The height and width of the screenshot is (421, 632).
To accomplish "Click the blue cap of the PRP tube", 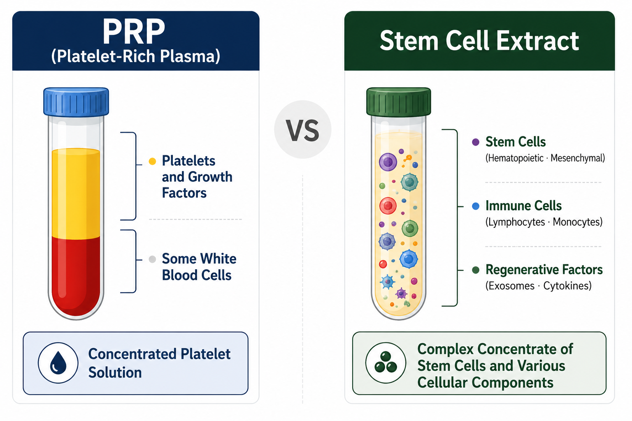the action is [76, 102].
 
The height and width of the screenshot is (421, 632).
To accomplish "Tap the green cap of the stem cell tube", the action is [398, 102].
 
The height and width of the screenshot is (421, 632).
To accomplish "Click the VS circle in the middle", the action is [303, 130].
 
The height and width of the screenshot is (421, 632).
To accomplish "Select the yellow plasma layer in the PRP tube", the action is [76, 194].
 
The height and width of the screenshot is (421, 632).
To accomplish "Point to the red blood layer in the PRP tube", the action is [76, 275].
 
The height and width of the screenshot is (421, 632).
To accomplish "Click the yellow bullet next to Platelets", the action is [152, 161].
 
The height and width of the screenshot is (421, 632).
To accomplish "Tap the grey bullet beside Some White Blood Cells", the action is [152, 259].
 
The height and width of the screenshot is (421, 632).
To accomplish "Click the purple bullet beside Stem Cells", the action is [476, 142].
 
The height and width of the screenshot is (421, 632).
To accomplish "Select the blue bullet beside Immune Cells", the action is [476, 206].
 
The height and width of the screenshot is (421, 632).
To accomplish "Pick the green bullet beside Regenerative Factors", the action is [476, 270].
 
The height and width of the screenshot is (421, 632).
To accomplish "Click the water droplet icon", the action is [58, 363].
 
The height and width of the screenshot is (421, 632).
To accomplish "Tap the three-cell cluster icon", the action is [386, 362].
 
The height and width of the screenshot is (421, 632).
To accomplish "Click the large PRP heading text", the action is [134, 31].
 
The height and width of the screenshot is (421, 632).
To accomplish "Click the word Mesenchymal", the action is [578, 158].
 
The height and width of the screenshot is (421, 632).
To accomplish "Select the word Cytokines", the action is [567, 286].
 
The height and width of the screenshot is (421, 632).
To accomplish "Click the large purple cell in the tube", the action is [388, 162].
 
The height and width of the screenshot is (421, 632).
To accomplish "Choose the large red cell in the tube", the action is [388, 206].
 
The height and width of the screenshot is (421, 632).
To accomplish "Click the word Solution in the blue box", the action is [115, 372].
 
